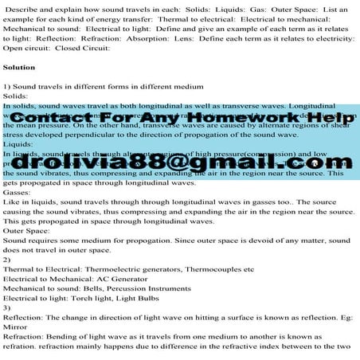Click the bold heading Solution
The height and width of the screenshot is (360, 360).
[18, 67]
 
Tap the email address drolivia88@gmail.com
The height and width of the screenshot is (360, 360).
[179, 163]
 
